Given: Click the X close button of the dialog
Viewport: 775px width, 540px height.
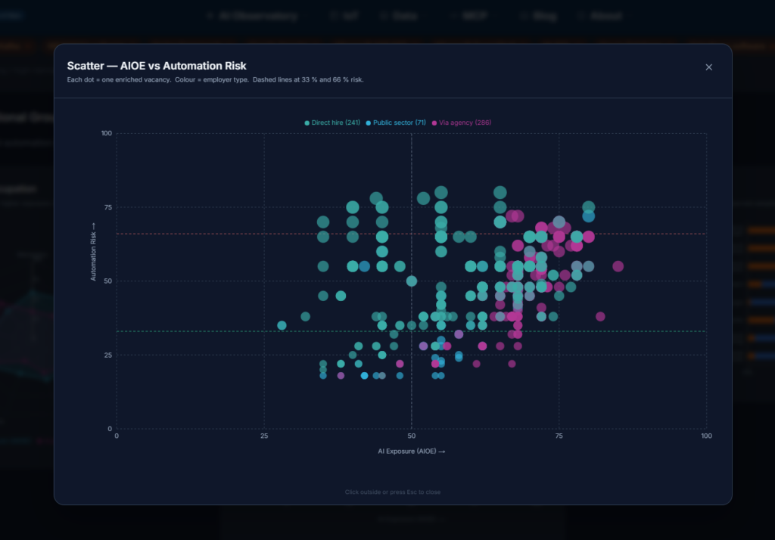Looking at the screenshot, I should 709,67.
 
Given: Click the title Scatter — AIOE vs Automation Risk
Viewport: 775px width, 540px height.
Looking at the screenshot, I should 157,66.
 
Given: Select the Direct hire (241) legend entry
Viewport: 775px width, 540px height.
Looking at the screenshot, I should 331,123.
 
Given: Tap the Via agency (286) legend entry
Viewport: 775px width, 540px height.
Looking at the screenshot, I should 461,123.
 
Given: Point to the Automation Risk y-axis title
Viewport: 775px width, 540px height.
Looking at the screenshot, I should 94,252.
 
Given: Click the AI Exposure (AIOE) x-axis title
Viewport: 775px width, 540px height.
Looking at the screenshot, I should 411,452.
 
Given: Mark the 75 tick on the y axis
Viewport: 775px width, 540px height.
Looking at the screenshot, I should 107,207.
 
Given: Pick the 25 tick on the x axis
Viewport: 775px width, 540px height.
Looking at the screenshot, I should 264,437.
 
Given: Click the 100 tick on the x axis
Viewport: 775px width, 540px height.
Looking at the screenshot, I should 706,437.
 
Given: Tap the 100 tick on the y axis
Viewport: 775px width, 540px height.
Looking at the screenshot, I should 106,134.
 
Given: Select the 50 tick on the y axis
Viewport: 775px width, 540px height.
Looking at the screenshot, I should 107,281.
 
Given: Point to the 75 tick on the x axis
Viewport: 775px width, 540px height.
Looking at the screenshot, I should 559,437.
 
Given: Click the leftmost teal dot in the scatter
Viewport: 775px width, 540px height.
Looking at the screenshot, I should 282,325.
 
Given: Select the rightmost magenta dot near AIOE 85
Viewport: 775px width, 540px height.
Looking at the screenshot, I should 618,266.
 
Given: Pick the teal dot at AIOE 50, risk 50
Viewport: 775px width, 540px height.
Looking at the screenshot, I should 412,281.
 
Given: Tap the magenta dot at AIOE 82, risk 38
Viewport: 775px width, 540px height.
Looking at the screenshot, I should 600,317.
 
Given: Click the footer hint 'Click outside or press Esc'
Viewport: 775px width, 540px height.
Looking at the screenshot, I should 393,492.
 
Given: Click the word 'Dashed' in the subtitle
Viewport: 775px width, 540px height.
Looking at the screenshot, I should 266,80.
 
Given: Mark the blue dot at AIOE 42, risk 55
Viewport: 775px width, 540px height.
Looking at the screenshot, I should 364,266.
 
